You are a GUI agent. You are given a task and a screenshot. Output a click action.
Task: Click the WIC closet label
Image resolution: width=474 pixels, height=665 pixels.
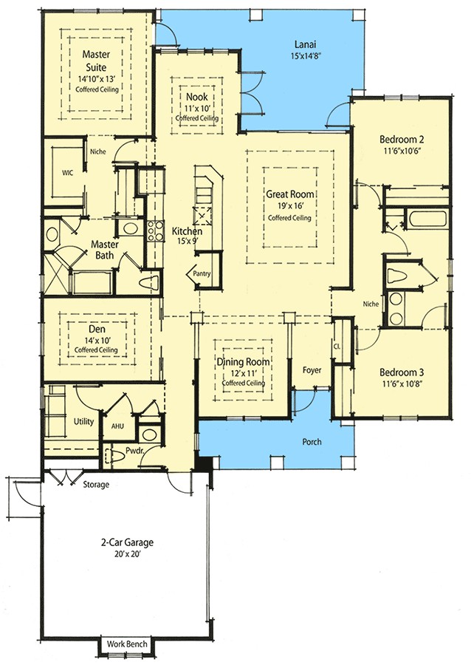(x=67, y=174)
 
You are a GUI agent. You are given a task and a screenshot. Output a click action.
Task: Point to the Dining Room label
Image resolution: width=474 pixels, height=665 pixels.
(x=243, y=362)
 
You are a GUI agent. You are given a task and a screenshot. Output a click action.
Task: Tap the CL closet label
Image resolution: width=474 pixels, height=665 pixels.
(x=337, y=345)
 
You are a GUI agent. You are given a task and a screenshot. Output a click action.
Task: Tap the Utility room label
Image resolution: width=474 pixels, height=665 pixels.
(x=83, y=420)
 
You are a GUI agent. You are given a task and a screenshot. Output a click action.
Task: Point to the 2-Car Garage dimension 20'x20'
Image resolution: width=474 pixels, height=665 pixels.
(x=123, y=553)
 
